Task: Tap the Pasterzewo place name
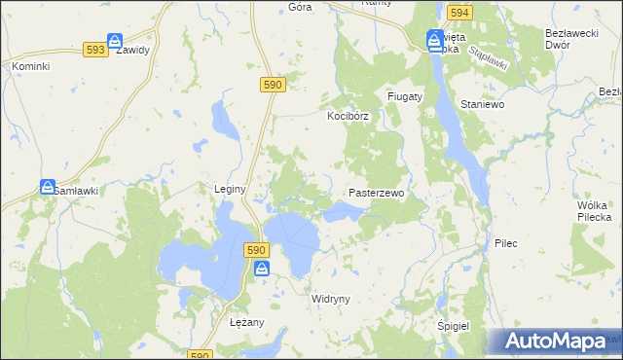pyautogui.click(x=376, y=194)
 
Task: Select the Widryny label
pyautogui.click(x=329, y=299)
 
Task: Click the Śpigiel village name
pyautogui.click(x=454, y=326)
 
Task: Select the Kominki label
pyautogui.click(x=30, y=66)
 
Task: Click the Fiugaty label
pyautogui.click(x=404, y=97)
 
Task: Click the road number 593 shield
pyautogui.click(x=94, y=50)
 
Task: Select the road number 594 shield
pyautogui.click(x=459, y=13)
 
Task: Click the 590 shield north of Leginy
pyautogui.click(x=273, y=86)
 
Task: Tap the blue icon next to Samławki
pyautogui.click(x=47, y=186)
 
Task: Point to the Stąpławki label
pyautogui.click(x=488, y=54)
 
